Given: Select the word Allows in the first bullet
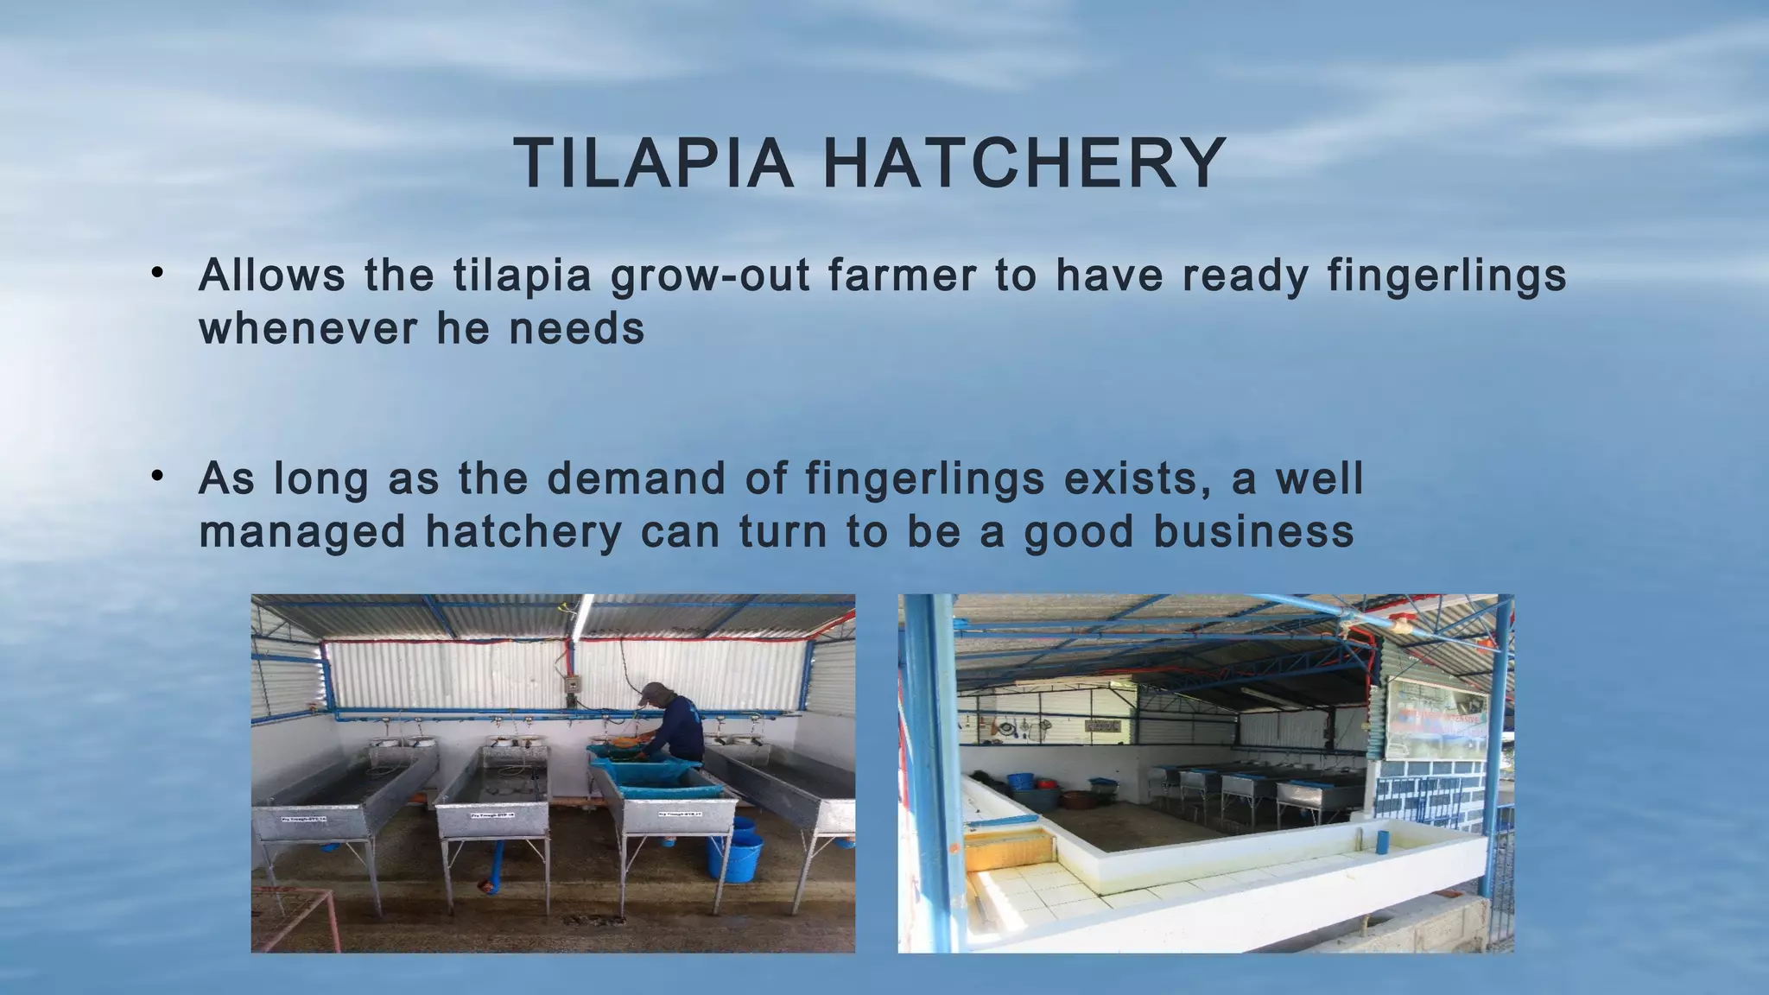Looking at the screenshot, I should pos(271,276).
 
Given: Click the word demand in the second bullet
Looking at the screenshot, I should pos(636,478).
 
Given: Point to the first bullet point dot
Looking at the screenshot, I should pos(156,274).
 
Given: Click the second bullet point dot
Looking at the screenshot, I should pos(156,476).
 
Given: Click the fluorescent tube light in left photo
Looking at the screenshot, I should pos(584,615).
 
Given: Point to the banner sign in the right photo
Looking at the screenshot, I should pos(1436,713).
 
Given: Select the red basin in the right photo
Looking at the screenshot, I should pos(1045,785).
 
